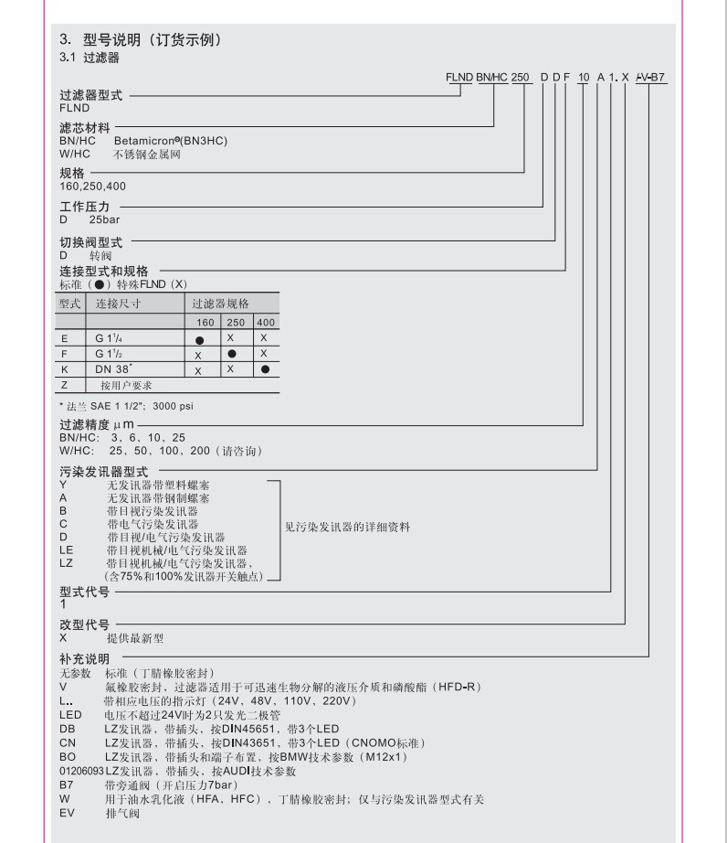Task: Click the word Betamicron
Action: click(x=147, y=142)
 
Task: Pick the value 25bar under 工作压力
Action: click(x=105, y=220)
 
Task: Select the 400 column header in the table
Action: click(x=265, y=322)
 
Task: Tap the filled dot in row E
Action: click(x=199, y=338)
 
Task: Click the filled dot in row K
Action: click(x=265, y=369)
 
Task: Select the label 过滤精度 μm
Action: click(x=97, y=426)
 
